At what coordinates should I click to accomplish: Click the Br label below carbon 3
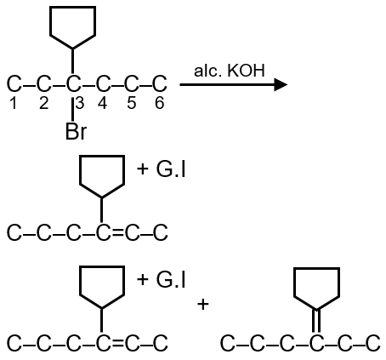(76, 131)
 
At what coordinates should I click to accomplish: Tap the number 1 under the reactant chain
(14, 103)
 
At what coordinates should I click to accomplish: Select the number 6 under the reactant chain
(159, 103)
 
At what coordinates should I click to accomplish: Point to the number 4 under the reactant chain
(102, 103)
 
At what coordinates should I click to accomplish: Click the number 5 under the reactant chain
(131, 103)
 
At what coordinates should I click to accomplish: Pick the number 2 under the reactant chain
(44, 103)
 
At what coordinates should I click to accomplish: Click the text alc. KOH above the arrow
(230, 71)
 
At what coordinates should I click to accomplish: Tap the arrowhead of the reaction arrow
(281, 84)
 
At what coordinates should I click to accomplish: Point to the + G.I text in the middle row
(161, 169)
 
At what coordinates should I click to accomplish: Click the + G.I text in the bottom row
(161, 280)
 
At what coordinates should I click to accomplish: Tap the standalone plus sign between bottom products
(203, 305)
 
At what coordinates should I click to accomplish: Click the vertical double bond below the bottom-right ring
(316, 321)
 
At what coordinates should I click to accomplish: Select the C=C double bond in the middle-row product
(117, 232)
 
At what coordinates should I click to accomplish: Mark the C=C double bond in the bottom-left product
(117, 343)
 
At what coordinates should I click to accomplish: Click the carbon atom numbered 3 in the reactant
(73, 84)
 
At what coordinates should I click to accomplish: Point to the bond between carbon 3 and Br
(73, 109)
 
